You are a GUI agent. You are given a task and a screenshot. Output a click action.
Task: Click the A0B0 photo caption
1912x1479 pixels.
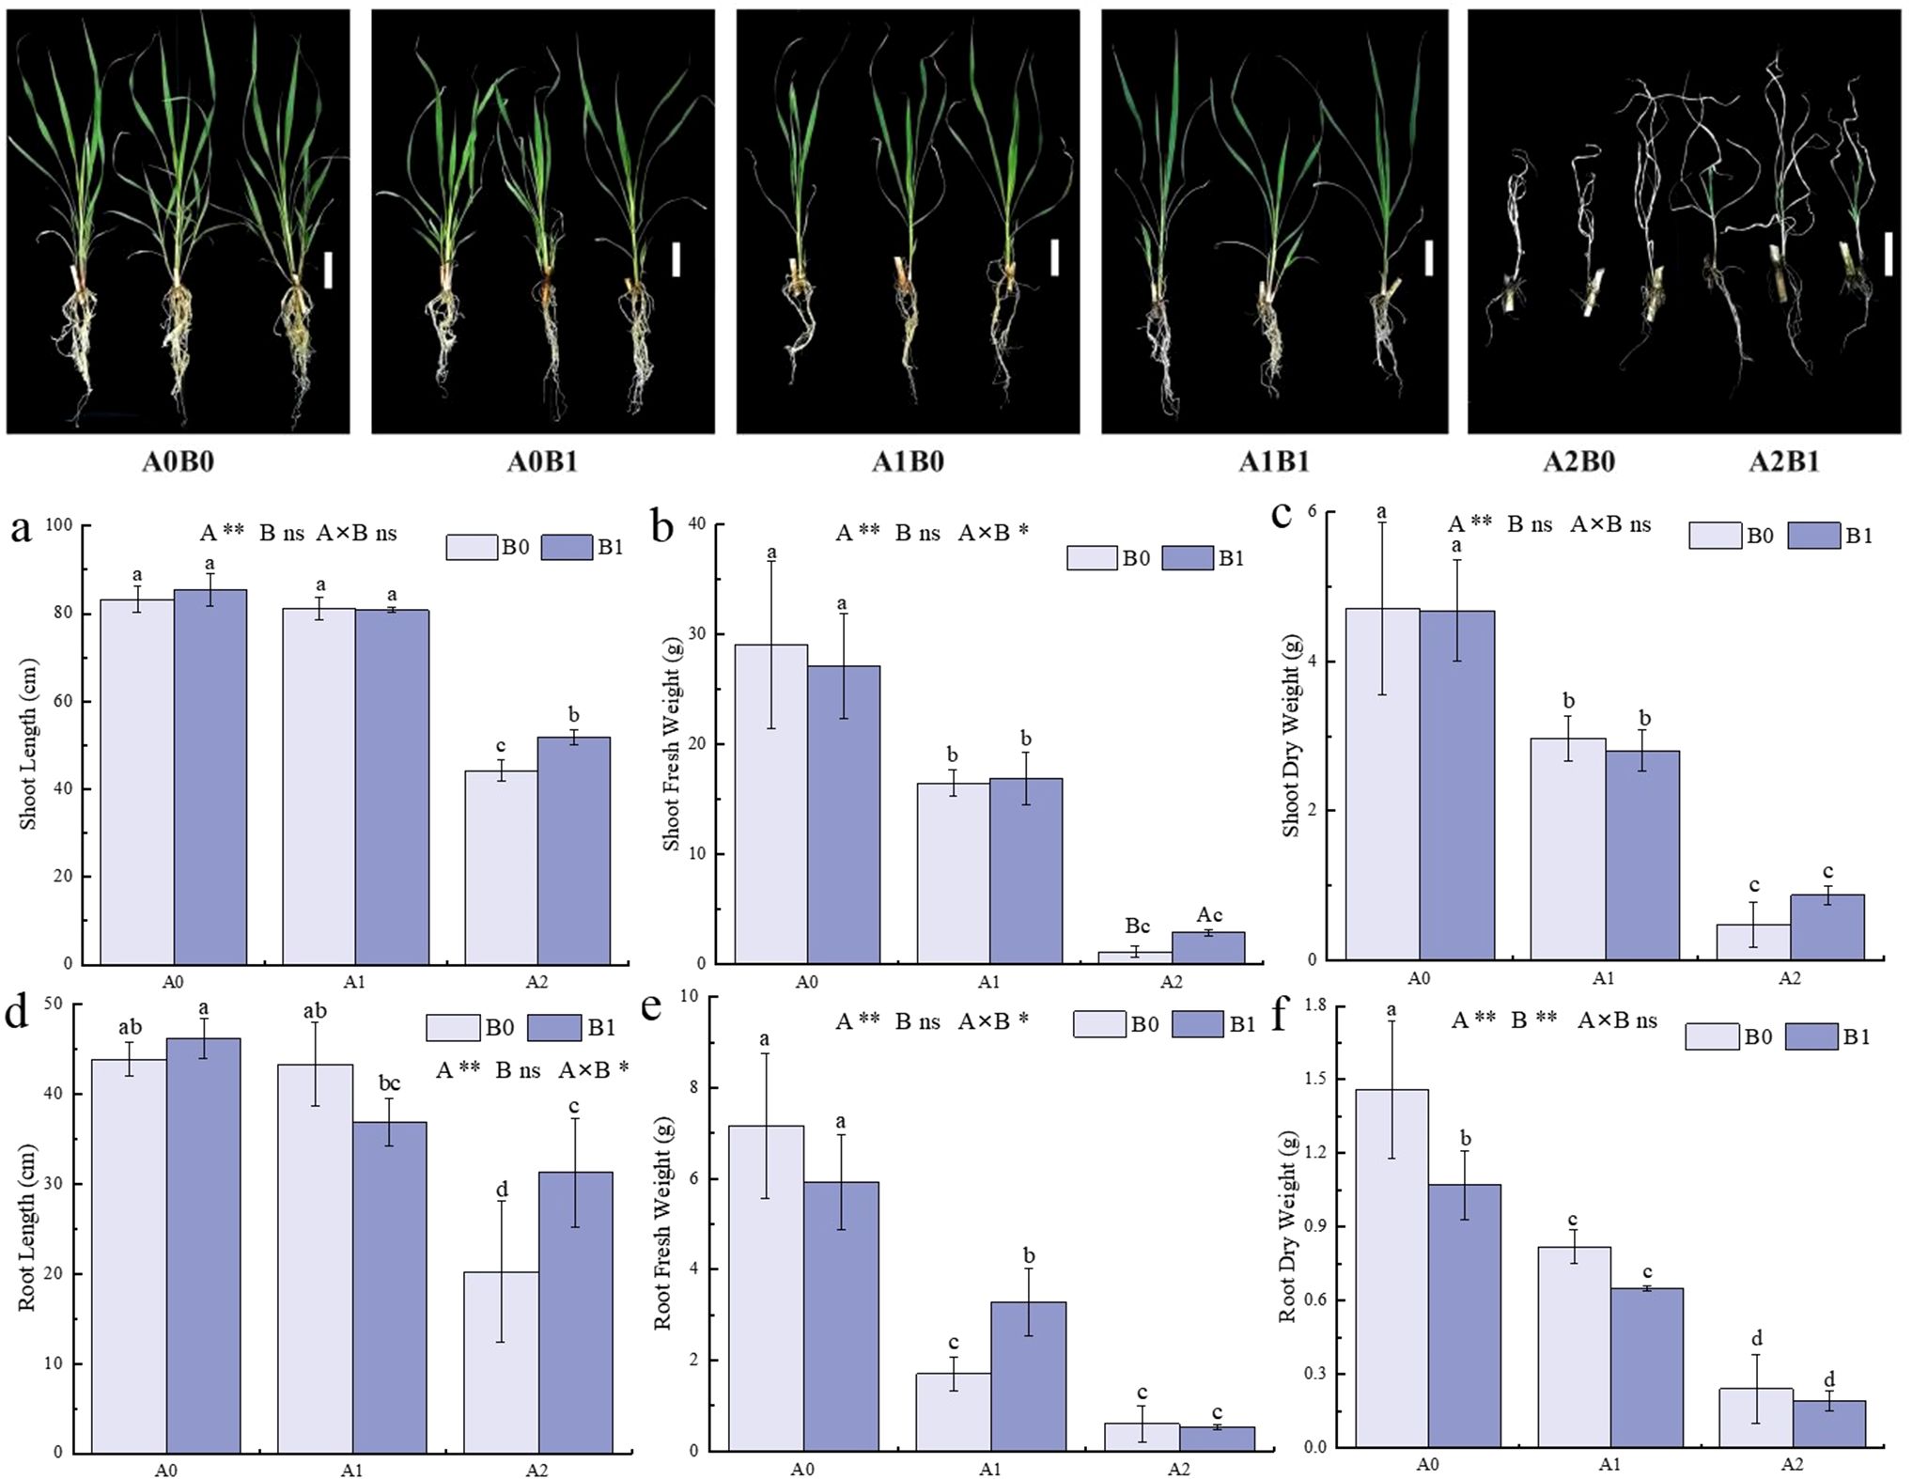(178, 461)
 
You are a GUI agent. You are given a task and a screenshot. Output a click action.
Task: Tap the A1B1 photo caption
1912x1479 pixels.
(1273, 461)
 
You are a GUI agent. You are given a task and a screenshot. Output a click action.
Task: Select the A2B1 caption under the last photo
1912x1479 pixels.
(1783, 461)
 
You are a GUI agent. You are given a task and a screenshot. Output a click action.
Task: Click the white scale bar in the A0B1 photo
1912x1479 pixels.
(676, 259)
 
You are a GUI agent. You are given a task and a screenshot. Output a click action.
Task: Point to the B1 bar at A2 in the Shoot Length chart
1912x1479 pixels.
(573, 850)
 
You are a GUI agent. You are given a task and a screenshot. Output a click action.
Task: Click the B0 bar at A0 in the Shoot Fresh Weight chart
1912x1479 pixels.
(770, 803)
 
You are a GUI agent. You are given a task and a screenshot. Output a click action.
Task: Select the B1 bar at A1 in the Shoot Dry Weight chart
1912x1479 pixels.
(1642, 855)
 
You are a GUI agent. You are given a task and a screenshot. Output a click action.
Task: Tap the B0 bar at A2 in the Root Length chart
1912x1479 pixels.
(501, 1362)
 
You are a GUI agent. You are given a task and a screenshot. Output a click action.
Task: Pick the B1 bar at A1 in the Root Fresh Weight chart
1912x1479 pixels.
(1029, 1376)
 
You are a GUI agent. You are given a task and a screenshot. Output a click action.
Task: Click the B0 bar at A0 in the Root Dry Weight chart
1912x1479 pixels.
(1391, 1269)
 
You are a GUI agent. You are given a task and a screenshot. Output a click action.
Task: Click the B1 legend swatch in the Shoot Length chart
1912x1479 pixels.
(566, 547)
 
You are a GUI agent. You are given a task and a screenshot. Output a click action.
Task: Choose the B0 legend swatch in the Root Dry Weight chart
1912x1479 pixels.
(1711, 1037)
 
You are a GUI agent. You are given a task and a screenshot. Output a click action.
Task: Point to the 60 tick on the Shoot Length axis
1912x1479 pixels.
(64, 701)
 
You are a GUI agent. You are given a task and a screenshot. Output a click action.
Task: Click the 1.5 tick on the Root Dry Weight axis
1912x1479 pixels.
(1314, 1079)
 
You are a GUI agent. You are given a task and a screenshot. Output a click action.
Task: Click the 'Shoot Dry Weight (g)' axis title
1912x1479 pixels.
(1292, 735)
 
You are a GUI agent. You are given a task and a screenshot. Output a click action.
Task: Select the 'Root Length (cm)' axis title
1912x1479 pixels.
(26, 1227)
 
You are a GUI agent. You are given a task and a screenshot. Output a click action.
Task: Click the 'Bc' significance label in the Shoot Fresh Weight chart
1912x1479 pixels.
(1137, 926)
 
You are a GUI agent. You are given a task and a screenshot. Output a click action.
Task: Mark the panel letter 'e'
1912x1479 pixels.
(650, 1007)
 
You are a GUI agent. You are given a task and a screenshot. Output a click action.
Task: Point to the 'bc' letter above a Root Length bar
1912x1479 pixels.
(389, 1083)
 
